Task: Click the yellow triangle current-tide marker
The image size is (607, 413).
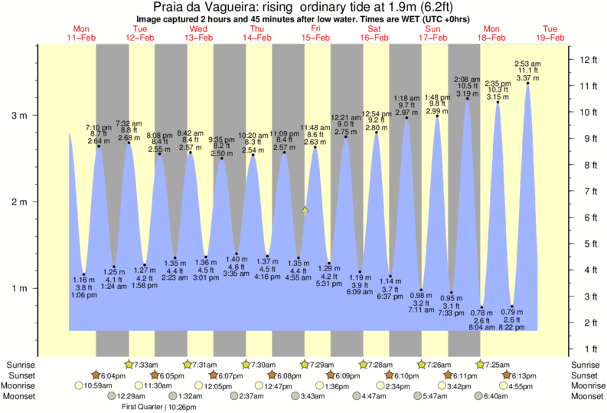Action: [305, 209]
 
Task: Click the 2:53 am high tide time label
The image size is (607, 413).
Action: [528, 61]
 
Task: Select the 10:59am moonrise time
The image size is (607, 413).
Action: [97, 385]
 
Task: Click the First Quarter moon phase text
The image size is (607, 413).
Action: [147, 407]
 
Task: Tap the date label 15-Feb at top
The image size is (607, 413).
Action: [315, 38]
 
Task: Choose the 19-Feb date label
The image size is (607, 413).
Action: [550, 38]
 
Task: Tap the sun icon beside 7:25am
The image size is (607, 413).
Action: [483, 364]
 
